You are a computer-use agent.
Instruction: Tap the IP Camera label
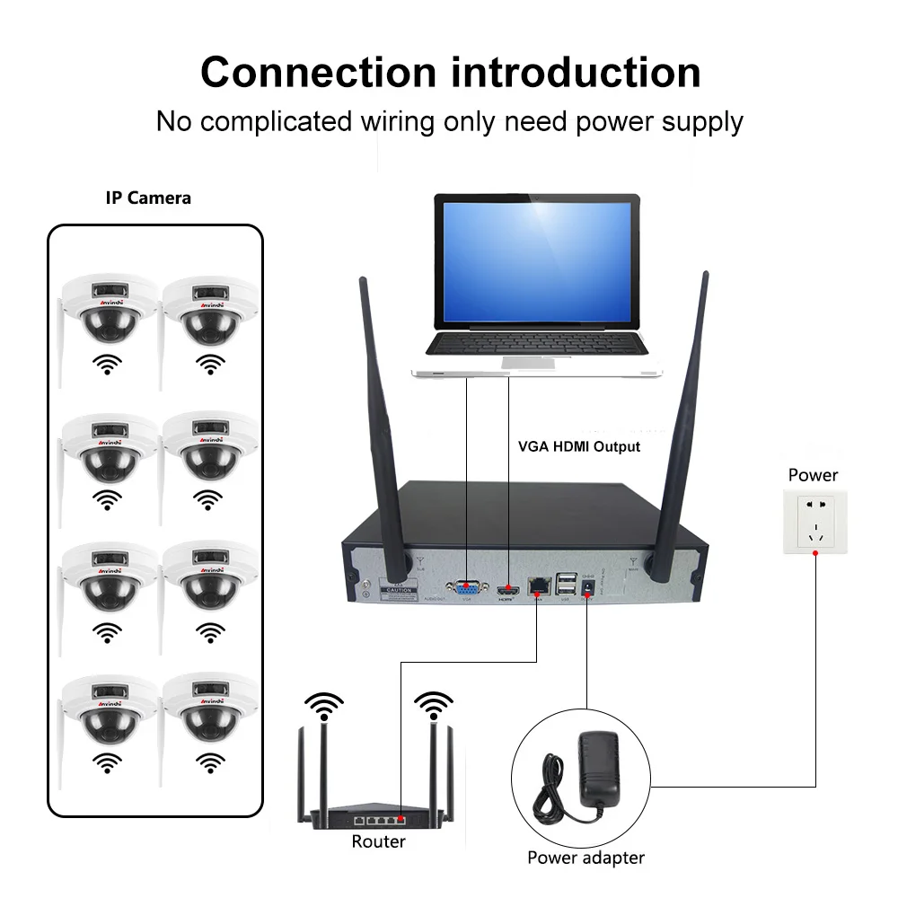point(148,198)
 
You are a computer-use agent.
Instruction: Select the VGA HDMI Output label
point(579,445)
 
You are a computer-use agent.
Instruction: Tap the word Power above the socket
point(813,475)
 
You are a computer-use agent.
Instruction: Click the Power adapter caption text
point(585,858)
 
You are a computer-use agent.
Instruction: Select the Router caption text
point(378,841)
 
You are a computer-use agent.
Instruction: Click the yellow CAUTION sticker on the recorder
point(399,590)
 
